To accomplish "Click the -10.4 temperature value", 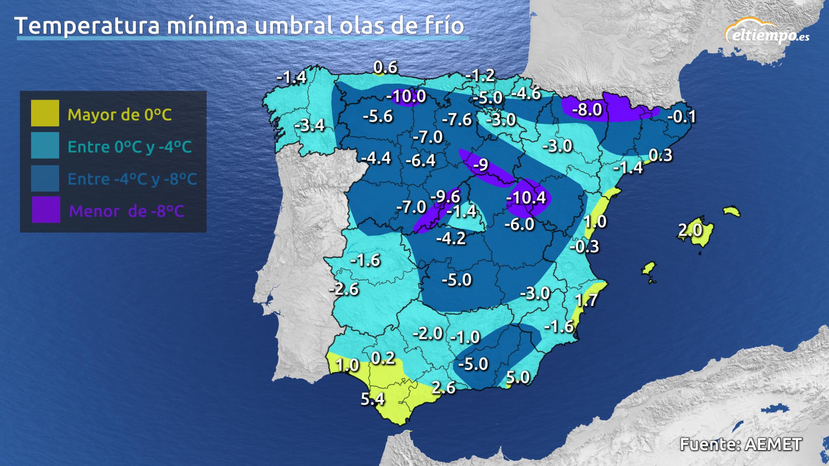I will (526, 198).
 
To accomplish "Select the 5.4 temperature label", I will (372, 399).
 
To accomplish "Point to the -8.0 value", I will (587, 110).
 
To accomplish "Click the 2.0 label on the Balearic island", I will (690, 230).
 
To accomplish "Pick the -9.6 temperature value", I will (445, 196).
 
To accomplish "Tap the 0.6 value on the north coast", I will (385, 67).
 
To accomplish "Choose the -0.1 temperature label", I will (682, 116).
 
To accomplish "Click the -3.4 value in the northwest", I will (309, 125).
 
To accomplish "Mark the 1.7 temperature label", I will (586, 299).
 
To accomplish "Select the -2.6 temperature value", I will (344, 289).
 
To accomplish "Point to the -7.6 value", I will (457, 120).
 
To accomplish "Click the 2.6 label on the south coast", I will (443, 387).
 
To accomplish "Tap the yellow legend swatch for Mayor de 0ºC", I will (45, 113).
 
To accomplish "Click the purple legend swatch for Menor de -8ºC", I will (46, 210).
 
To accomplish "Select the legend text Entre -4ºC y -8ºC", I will (132, 179).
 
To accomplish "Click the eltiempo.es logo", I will (767, 32).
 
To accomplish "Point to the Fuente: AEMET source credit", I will (740, 444).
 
